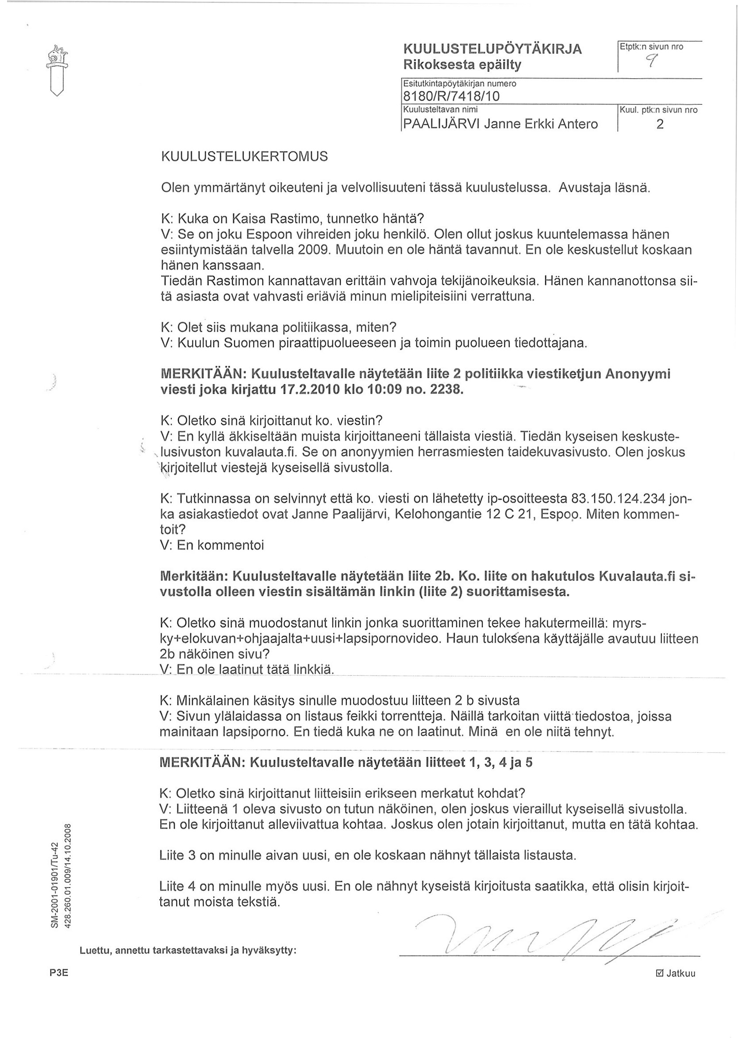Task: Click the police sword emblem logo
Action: [57, 71]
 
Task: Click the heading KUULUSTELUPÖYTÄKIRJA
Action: [492, 49]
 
